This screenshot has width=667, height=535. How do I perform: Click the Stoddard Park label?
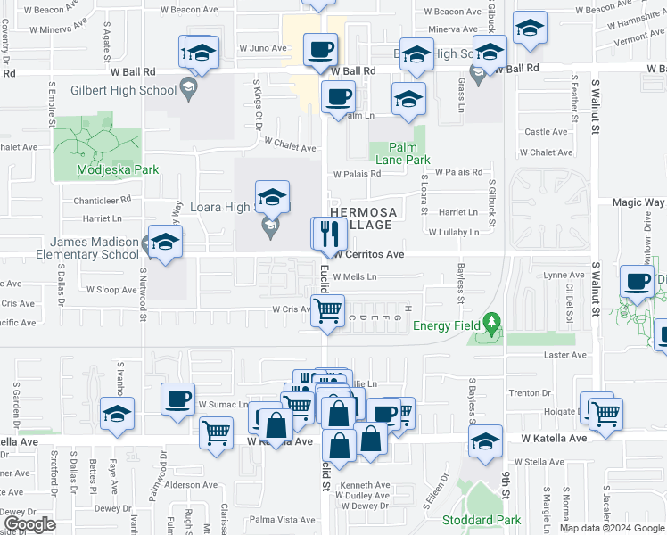pos(482,520)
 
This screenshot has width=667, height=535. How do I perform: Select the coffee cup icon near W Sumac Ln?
pos(177,398)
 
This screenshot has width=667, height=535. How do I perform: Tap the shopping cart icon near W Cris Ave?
pos(329,310)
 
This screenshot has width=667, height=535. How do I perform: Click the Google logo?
pos(30,524)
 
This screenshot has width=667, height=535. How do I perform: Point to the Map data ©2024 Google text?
pos(611,528)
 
